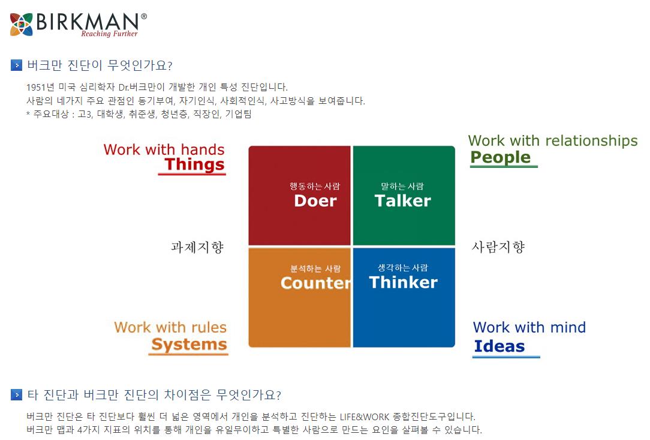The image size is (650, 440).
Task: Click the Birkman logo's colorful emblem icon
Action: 22,24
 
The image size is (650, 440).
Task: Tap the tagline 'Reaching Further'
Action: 109,34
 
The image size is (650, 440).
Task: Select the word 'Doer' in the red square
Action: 315,201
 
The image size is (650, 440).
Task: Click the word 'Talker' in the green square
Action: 402,201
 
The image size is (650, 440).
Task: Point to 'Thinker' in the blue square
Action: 403,282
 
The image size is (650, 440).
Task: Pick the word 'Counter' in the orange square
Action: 315,283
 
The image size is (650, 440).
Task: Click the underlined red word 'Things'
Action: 194,164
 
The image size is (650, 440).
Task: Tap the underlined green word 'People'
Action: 500,157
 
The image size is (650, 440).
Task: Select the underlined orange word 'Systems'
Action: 189,345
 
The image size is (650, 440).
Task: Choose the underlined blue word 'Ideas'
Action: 499,346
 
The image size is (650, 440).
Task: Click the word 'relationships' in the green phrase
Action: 592,141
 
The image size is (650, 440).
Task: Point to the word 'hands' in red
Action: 203,149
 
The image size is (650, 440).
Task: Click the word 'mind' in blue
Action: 568,328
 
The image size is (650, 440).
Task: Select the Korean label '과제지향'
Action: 197,247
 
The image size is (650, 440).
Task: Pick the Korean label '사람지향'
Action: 498,247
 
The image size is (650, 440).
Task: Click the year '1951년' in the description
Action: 40,87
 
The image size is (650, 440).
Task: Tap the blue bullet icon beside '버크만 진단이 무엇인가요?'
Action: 16,65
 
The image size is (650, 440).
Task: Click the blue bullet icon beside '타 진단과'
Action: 16,395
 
